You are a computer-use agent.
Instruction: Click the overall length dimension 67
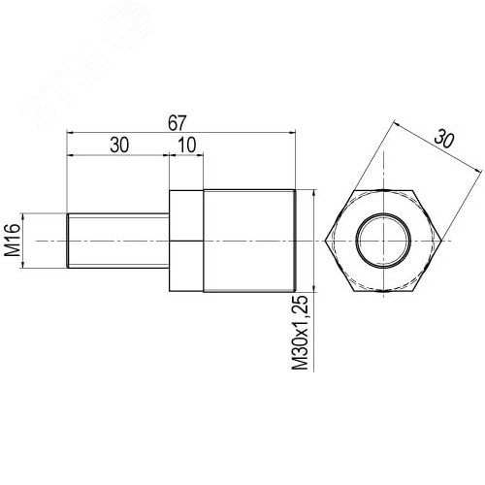(x=178, y=123)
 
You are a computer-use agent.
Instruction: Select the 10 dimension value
(x=187, y=145)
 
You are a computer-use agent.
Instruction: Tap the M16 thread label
(x=13, y=241)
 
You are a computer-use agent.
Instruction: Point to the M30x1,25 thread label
(x=300, y=333)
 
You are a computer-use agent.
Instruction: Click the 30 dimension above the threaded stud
(x=119, y=145)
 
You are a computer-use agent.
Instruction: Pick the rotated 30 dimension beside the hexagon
(x=444, y=139)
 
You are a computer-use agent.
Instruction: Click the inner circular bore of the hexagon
(x=383, y=241)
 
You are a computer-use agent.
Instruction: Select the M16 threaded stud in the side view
(x=118, y=241)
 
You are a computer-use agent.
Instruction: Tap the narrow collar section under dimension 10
(x=186, y=241)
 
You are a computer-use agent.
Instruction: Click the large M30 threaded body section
(x=249, y=241)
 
